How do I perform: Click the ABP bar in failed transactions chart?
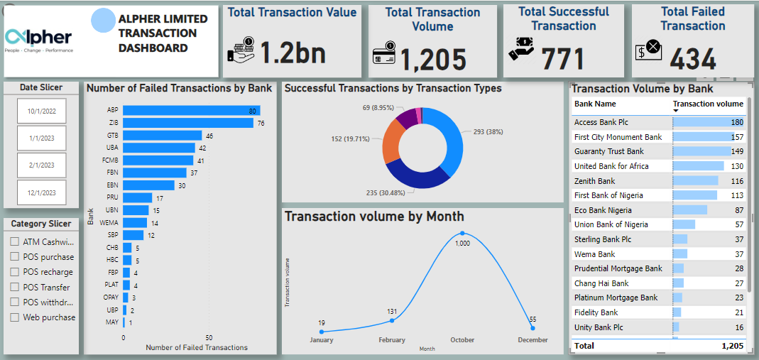tap(191, 111)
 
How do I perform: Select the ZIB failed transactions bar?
tap(187, 123)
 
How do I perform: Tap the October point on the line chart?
tap(462, 233)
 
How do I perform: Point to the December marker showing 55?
tap(533, 327)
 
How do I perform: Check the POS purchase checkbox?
tap(15, 257)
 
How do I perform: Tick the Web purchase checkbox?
tap(15, 317)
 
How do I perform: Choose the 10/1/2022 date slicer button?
tap(42, 111)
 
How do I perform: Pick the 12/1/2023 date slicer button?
tap(42, 192)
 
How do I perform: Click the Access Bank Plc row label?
tap(601, 122)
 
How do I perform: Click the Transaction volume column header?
tap(708, 104)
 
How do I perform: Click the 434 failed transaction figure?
tap(693, 60)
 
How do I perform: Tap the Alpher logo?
tap(38, 39)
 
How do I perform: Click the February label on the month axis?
tap(392, 340)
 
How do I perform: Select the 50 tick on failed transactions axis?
tap(209, 337)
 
